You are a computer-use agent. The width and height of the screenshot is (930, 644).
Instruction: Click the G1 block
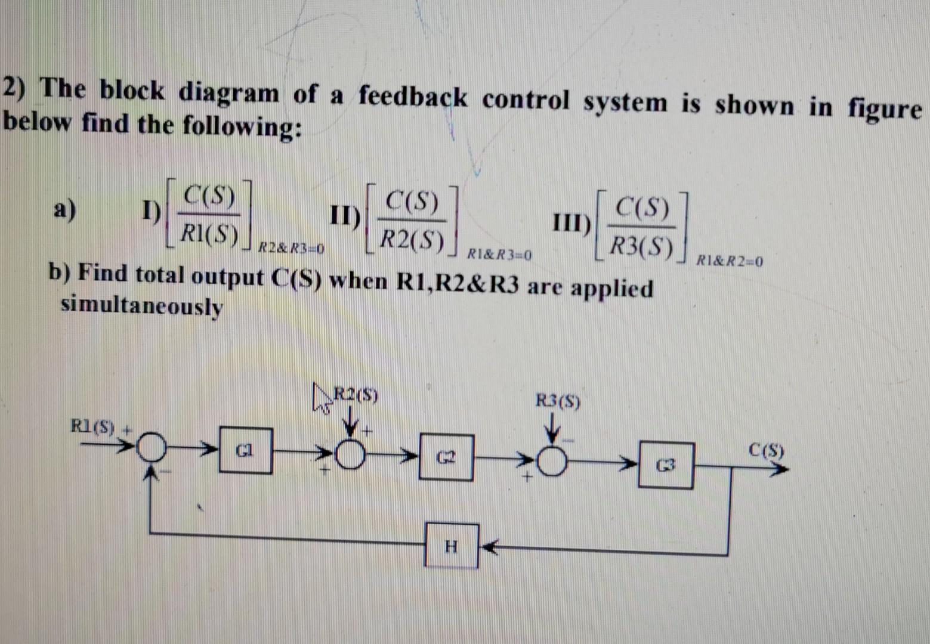coord(246,451)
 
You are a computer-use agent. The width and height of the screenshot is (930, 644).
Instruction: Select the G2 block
coord(446,458)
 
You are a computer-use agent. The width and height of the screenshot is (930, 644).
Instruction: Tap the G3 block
coord(666,465)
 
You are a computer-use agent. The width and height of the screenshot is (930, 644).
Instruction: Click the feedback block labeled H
coord(452,546)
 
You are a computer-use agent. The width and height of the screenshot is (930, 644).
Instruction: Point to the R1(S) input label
coord(92,426)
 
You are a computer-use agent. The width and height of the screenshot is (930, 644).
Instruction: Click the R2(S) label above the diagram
coord(356,395)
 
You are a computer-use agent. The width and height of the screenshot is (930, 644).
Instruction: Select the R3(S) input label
coord(557,401)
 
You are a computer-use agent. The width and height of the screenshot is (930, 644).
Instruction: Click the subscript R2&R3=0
coord(291,248)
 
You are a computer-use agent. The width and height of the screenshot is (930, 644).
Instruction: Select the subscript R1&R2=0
coord(730,261)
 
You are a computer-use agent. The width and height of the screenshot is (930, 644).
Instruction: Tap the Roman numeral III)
coord(571,224)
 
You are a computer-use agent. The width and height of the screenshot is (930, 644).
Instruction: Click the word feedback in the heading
coord(413,97)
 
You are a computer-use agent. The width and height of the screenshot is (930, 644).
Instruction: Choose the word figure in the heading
coord(885,109)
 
